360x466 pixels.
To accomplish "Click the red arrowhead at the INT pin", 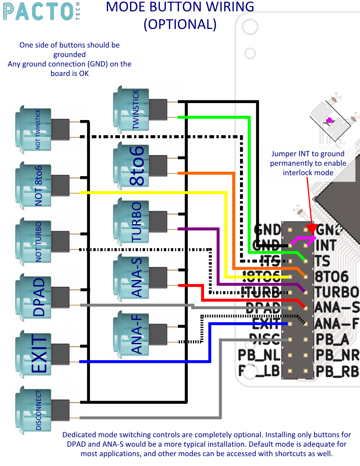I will click(312, 229).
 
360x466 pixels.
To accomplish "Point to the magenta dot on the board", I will click(330, 120).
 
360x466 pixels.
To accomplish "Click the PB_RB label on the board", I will click(337, 371).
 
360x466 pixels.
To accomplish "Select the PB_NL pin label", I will click(259, 355).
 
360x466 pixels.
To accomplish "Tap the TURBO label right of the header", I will click(337, 292).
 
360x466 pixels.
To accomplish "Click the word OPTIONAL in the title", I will click(180, 24).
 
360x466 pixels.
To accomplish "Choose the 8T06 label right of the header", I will click(331, 277).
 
